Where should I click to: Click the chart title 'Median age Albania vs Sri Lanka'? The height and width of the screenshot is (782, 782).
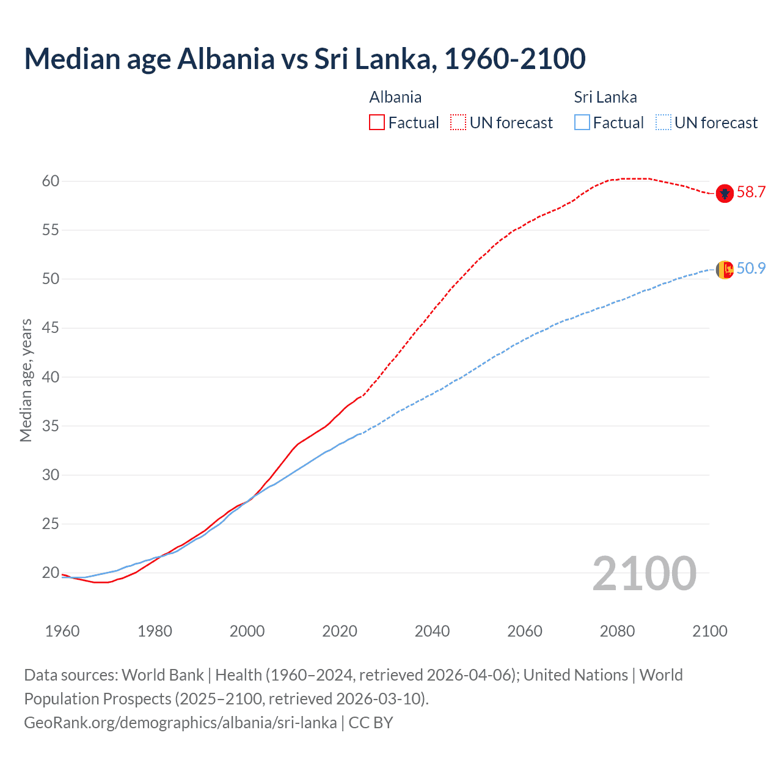[x=304, y=59]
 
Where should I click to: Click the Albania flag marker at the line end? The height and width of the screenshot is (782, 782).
[x=724, y=194]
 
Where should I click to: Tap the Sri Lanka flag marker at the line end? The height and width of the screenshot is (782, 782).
[x=724, y=269]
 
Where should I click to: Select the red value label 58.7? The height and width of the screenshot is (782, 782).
[x=751, y=192]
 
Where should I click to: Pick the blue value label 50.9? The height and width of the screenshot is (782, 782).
[x=751, y=269]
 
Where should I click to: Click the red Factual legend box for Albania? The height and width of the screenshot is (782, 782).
[x=377, y=122]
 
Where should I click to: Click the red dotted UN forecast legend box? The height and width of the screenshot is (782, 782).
[x=458, y=122]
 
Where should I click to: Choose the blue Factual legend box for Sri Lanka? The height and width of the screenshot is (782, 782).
[x=582, y=122]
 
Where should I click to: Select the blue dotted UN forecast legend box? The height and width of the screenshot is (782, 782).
[x=663, y=122]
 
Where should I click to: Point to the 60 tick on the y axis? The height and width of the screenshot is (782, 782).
[x=51, y=181]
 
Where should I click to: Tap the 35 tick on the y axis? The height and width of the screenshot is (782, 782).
[x=51, y=426]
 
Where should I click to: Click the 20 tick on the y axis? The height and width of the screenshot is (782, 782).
[x=51, y=573]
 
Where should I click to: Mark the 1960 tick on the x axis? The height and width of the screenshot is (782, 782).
[x=62, y=631]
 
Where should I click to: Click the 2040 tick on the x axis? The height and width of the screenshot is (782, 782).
[x=432, y=631]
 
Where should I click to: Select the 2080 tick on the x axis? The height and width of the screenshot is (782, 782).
[x=617, y=631]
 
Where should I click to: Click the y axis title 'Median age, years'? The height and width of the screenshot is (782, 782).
[x=26, y=380]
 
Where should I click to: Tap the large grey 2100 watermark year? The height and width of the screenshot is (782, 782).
[x=644, y=574]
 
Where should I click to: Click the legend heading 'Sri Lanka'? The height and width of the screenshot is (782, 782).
[x=605, y=97]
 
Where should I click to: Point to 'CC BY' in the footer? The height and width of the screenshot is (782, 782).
[x=371, y=723]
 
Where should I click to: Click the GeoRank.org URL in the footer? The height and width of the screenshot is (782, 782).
[x=180, y=723]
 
